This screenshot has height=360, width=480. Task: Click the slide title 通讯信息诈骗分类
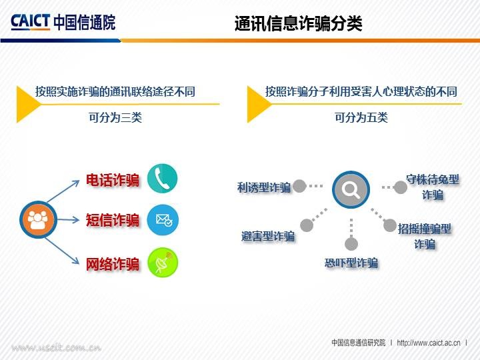tap(298, 24)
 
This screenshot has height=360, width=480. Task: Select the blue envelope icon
tap(163, 219)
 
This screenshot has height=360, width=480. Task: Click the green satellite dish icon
tap(163, 263)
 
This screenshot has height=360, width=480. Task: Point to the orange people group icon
tap(37, 220)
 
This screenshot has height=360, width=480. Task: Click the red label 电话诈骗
tap(113, 181)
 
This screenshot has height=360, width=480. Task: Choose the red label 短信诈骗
tap(113, 220)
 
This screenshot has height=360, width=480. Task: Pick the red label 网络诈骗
tap(113, 263)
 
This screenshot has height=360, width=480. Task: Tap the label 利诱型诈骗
tap(264, 187)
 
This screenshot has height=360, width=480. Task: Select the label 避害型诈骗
tap(268, 236)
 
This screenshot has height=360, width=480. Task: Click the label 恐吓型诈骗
tap(351, 263)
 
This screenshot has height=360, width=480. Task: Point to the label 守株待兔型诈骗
tap(433, 187)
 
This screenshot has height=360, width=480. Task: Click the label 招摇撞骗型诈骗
tap(425, 236)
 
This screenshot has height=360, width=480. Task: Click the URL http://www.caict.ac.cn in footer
tap(429, 343)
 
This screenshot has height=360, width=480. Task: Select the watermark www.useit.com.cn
tap(56, 347)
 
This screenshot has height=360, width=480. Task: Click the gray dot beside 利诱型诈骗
tap(299, 186)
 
